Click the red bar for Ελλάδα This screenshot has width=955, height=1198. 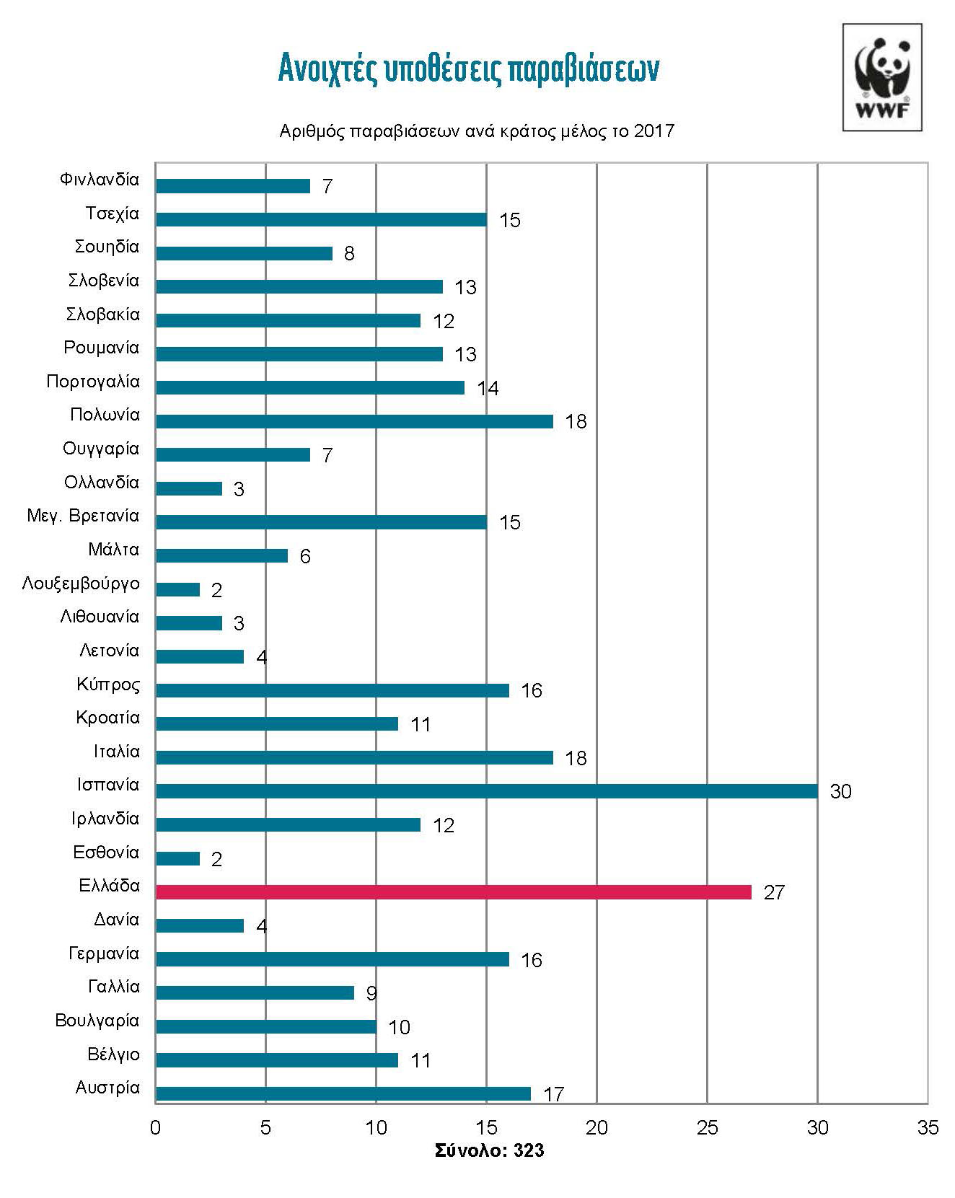pyautogui.click(x=453, y=892)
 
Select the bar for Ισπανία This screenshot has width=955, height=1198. pyautogui.click(x=486, y=791)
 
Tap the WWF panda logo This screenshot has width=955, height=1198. pyautogui.click(x=882, y=78)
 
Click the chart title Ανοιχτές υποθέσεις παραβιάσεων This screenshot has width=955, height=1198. pyautogui.click(x=469, y=69)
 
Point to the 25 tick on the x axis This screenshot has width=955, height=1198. pyautogui.click(x=707, y=1127)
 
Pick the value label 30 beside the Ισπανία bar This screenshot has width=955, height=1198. pyautogui.click(x=840, y=792)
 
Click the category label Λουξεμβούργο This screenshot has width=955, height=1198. pyautogui.click(x=81, y=583)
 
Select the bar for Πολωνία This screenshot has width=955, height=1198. pyautogui.click(x=354, y=421)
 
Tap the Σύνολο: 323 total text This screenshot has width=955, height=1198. pyautogui.click(x=489, y=1150)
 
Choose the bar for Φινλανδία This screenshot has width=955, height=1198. pyautogui.click(x=232, y=186)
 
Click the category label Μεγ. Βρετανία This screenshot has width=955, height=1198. pyautogui.click(x=83, y=516)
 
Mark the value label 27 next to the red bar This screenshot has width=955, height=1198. pyautogui.click(x=773, y=893)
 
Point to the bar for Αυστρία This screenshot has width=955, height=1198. pyautogui.click(x=343, y=1093)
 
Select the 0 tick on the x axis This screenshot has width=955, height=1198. pyautogui.click(x=155, y=1127)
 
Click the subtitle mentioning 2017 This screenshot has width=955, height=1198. pyautogui.click(x=477, y=131)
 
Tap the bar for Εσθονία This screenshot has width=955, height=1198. pyautogui.click(x=177, y=858)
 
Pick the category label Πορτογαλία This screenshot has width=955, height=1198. pyautogui.click(x=93, y=382)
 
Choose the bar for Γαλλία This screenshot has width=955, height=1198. pyautogui.click(x=255, y=993)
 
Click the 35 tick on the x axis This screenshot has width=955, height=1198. pyautogui.click(x=928, y=1127)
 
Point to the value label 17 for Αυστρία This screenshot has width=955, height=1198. pyautogui.click(x=553, y=1094)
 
